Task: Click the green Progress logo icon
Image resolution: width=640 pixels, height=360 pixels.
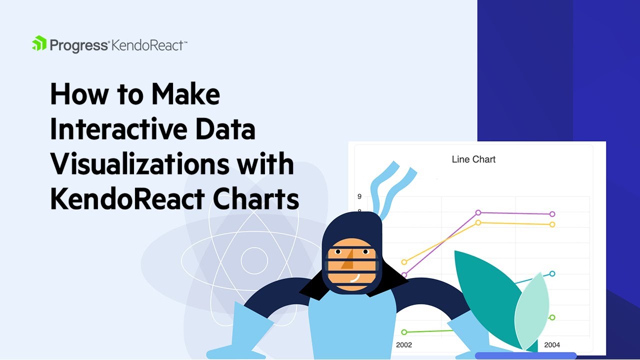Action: pos(39,43)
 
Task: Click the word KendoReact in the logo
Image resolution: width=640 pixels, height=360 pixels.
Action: pos(149,46)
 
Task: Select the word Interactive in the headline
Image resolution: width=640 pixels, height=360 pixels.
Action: pos(117,129)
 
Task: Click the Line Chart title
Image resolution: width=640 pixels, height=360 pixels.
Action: pos(473,159)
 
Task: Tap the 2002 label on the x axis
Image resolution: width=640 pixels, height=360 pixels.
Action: pos(404,345)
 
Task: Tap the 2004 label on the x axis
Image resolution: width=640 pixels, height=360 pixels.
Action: pos(552,345)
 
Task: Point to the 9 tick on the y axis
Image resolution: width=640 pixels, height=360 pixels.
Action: pos(359,196)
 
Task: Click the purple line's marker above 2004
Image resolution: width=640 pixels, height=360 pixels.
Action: pos(552,214)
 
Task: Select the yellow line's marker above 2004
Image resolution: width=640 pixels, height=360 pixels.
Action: pos(552,224)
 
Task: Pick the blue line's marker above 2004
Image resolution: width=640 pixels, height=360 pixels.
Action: pos(552,273)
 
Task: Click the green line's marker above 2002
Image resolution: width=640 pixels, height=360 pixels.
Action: pos(404,332)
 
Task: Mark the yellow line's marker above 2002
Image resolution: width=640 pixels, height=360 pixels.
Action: pos(404,262)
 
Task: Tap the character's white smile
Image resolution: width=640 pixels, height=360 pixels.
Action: pos(355,276)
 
